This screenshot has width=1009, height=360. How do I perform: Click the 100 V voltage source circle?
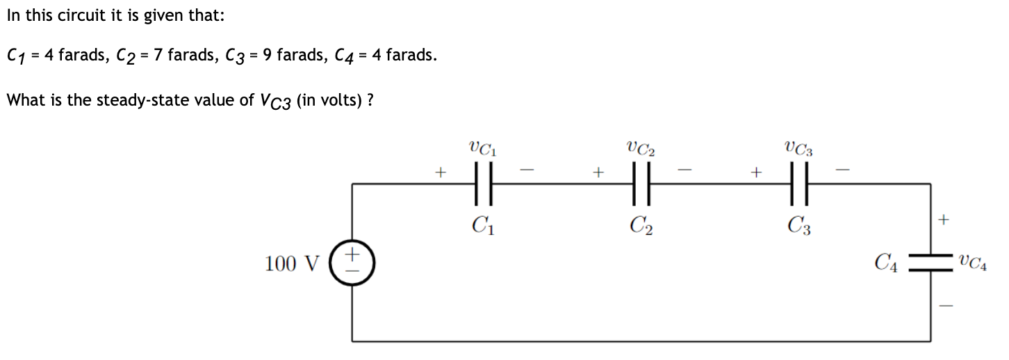352,263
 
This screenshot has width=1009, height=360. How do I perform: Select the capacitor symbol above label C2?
641,183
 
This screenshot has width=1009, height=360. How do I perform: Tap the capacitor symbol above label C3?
799,183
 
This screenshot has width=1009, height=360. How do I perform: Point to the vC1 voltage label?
484,148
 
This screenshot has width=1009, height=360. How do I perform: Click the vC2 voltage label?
641,148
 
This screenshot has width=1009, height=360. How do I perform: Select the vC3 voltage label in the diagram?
799,148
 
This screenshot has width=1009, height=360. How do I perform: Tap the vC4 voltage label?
972,263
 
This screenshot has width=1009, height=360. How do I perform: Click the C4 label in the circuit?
886,263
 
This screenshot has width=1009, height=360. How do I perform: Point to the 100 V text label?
292,264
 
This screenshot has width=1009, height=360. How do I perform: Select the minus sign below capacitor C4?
943,305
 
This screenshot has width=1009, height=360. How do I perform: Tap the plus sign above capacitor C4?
943,221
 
